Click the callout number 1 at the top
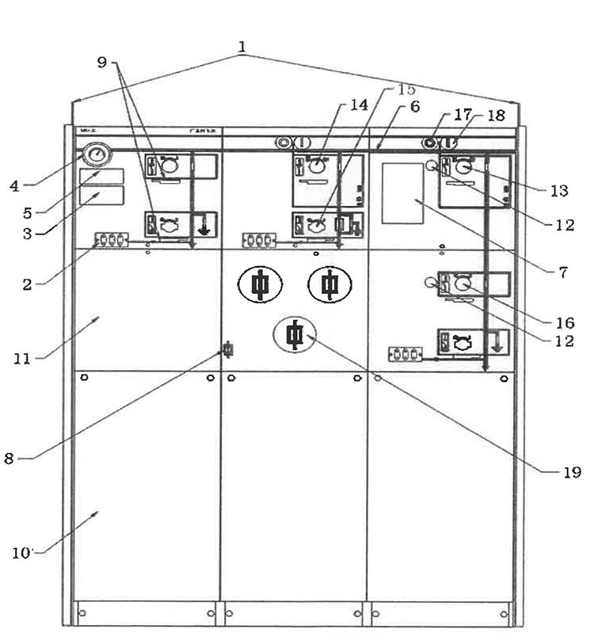tap(242, 47)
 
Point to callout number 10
tap(24, 552)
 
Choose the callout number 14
tap(360, 104)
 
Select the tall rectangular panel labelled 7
tap(402, 193)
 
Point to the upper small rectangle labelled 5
tap(101, 176)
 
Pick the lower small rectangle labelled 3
tap(101, 195)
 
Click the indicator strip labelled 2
tap(112, 238)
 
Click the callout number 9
tap(102, 63)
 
